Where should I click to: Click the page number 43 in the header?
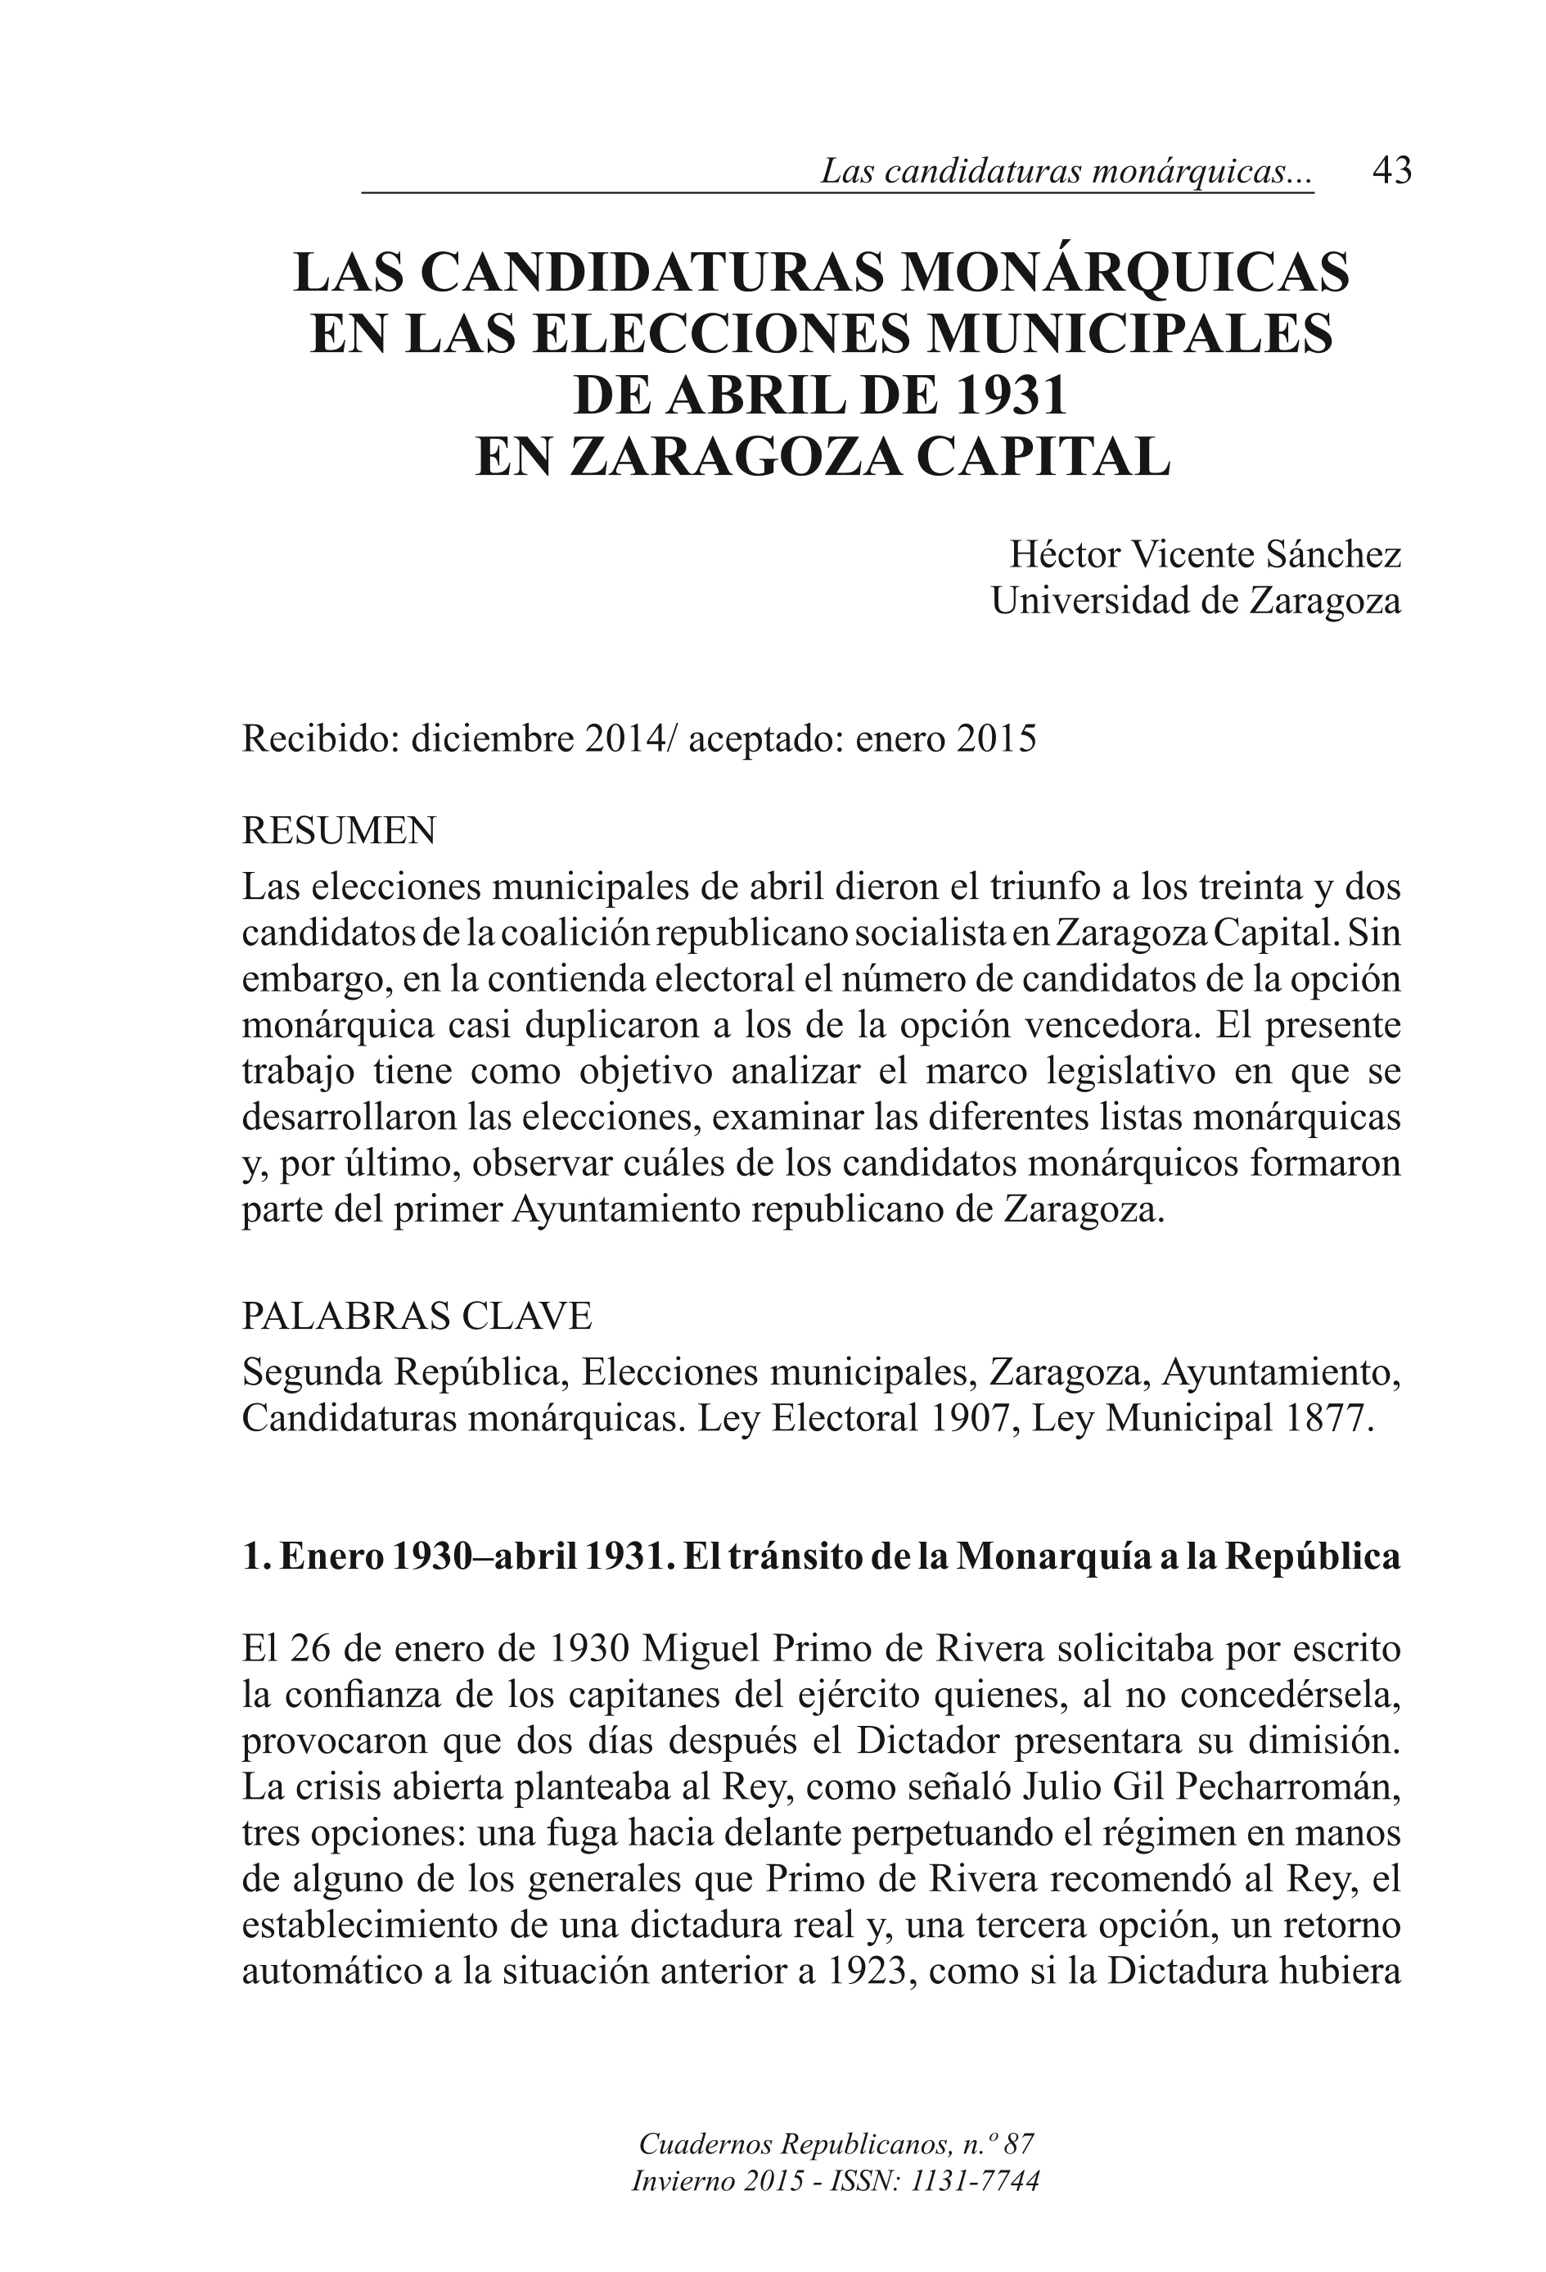[1391, 171]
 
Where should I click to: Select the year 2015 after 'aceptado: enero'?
[996, 739]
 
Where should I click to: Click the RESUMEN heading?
[338, 831]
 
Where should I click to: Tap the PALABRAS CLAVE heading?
[417, 1316]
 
